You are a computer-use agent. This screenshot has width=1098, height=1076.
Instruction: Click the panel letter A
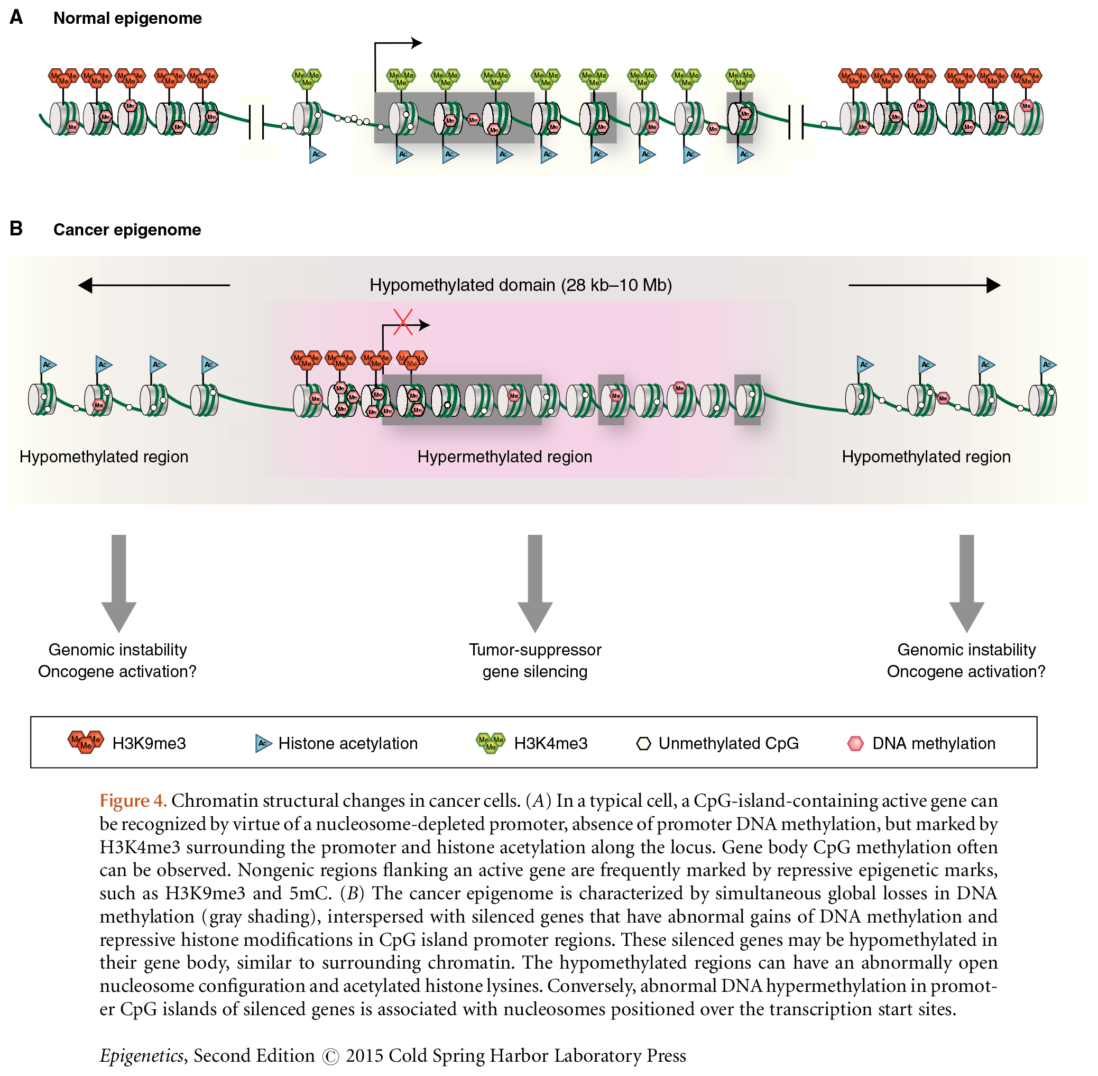[16, 17]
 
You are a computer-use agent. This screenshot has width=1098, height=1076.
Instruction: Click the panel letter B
[16, 229]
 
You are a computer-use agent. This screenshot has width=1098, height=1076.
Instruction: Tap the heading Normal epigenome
[127, 18]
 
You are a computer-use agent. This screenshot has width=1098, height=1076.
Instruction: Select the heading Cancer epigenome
[127, 230]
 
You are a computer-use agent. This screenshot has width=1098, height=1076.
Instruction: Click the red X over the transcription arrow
[403, 322]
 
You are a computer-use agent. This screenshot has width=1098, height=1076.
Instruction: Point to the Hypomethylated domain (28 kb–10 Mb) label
[520, 285]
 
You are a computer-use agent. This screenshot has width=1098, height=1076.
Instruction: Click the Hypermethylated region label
[504, 457]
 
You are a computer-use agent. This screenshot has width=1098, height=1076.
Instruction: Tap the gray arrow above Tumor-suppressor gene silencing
[534, 582]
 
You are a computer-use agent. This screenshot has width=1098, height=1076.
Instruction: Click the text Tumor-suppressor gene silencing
[534, 660]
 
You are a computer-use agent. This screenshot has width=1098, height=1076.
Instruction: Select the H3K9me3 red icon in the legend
[86, 741]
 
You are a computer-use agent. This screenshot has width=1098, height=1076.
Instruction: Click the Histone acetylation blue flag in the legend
[263, 743]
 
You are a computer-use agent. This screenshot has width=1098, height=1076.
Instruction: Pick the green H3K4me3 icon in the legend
[490, 742]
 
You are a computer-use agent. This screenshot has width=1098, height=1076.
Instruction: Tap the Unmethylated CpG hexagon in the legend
[643, 743]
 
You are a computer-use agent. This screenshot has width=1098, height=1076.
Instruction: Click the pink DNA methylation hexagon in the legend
[855, 743]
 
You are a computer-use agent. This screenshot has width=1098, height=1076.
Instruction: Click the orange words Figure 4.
[133, 801]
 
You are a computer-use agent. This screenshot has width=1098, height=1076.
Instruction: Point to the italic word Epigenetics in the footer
[141, 1055]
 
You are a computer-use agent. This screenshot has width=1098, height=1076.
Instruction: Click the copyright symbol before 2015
[330, 1056]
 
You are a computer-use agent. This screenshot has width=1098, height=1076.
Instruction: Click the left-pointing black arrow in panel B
[154, 285]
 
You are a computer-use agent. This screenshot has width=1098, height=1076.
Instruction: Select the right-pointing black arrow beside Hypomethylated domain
[924, 285]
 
